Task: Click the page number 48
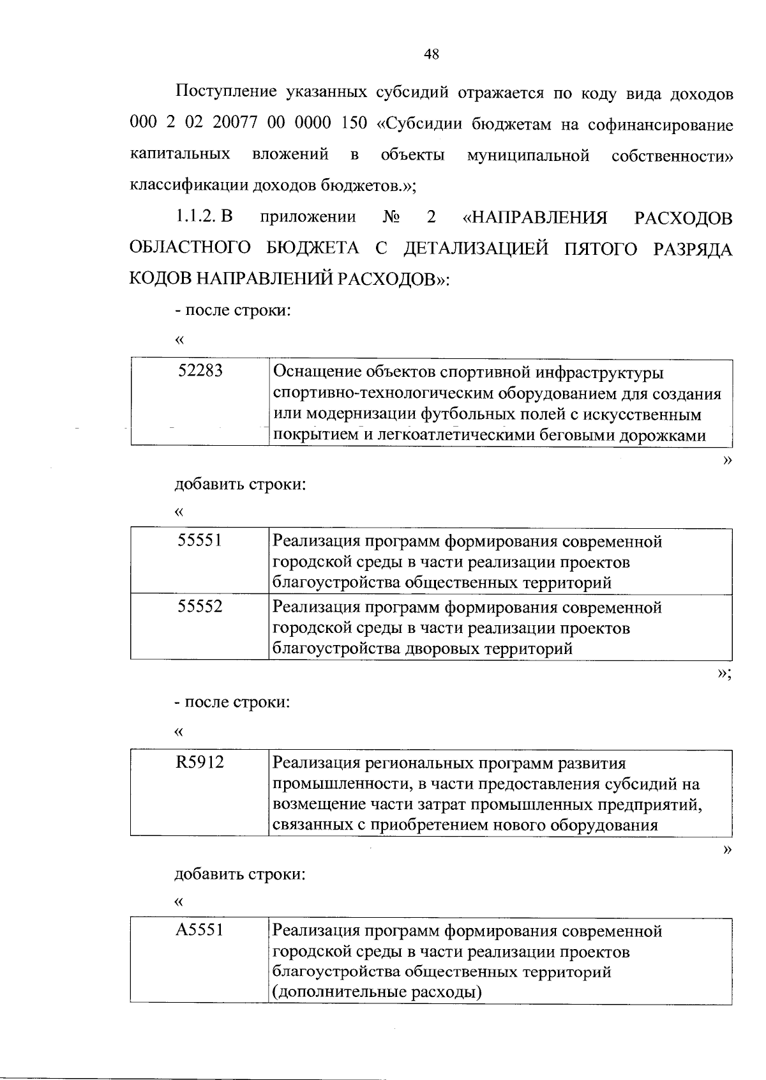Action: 432,54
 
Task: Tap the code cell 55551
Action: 200,540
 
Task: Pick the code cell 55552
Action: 200,606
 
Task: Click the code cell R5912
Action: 200,762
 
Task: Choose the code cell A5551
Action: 200,930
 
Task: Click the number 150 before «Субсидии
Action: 354,123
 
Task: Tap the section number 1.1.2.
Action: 197,217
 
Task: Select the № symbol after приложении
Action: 391,217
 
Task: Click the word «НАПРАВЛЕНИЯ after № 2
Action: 536,218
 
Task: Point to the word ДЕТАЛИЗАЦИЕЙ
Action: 476,248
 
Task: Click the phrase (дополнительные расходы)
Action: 377,993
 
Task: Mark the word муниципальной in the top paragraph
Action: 528,155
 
